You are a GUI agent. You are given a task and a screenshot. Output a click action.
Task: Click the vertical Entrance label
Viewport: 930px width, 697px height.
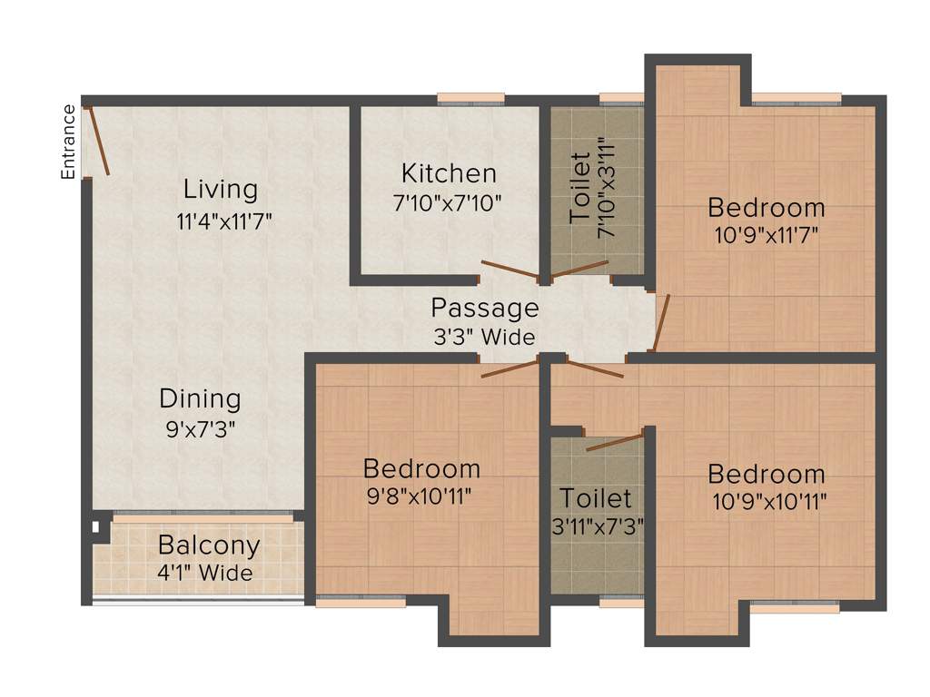(x=68, y=142)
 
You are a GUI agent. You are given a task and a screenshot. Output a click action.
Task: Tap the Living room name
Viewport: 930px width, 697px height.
(x=221, y=190)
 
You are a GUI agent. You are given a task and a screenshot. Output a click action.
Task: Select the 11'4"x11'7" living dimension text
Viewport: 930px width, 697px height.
(x=225, y=220)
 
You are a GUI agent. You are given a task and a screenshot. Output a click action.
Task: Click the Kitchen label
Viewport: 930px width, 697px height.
(x=449, y=172)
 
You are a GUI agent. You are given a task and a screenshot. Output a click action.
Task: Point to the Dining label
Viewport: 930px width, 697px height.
(x=200, y=398)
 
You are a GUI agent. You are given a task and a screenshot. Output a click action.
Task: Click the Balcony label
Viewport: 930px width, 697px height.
(x=209, y=545)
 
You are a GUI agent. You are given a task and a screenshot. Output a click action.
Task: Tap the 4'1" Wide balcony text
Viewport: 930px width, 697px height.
(x=204, y=574)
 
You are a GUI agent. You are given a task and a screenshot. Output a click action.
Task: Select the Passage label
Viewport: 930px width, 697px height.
(x=484, y=308)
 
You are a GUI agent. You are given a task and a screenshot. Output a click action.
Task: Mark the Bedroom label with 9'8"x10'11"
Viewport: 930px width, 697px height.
(x=421, y=468)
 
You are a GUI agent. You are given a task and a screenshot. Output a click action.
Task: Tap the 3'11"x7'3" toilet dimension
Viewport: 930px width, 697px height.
(x=595, y=525)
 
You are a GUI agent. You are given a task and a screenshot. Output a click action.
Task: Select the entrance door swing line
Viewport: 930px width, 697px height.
(x=98, y=142)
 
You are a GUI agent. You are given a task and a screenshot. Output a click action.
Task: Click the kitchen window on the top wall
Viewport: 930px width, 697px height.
(x=470, y=98)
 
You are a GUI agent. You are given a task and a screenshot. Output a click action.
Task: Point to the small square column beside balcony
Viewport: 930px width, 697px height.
(x=94, y=525)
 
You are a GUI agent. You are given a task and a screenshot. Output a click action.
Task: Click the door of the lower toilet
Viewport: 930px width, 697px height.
(x=615, y=442)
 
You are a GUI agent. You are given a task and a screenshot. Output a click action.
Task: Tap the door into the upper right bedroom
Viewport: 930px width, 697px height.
(x=661, y=322)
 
